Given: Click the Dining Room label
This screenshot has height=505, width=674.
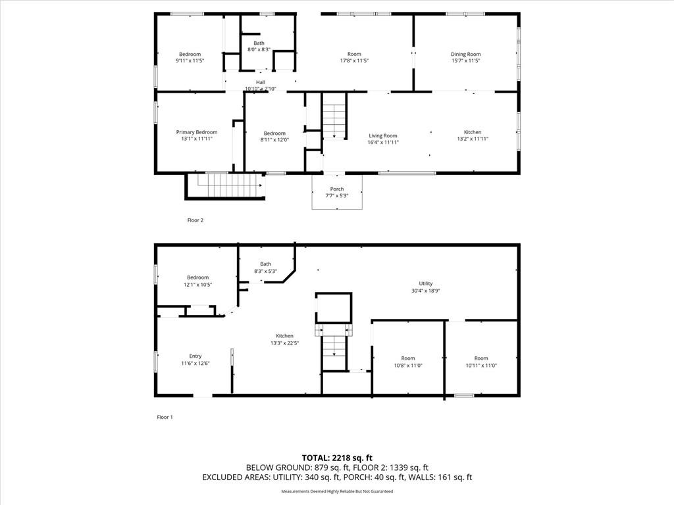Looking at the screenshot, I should pyautogui.click(x=465, y=54).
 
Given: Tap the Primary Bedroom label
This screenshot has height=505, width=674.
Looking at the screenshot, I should pyautogui.click(x=196, y=132).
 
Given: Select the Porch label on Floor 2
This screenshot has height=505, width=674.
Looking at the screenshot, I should pyautogui.click(x=337, y=189).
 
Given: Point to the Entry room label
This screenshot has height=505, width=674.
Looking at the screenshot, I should pyautogui.click(x=195, y=356).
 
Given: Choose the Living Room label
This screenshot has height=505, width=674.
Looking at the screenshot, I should pyautogui.click(x=382, y=135).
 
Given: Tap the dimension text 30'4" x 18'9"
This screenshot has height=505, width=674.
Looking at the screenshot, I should pyautogui.click(x=426, y=291).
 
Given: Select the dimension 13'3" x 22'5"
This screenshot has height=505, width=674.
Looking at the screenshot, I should pyautogui.click(x=285, y=343).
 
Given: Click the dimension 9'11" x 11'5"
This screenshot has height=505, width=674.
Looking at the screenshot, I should pyautogui.click(x=190, y=60).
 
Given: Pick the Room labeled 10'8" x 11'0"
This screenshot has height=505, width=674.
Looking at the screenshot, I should pyautogui.click(x=408, y=358).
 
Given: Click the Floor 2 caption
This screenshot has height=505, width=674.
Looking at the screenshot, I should pyautogui.click(x=195, y=220).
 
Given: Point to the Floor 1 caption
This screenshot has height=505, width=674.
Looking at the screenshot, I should pyautogui.click(x=165, y=417).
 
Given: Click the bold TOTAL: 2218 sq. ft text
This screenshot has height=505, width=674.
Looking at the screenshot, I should pyautogui.click(x=337, y=457).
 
